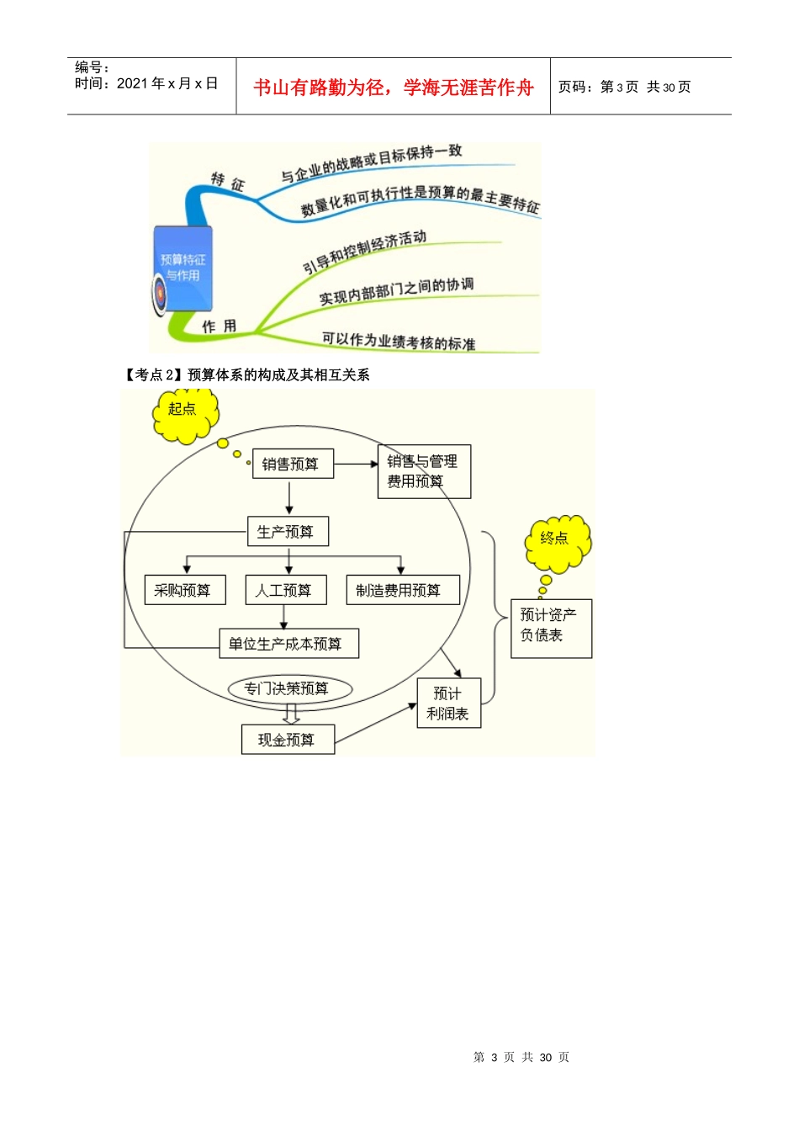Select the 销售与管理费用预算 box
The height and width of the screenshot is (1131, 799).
(424, 471)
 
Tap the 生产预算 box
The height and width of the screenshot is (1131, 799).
(288, 532)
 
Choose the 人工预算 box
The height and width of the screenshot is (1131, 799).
(285, 590)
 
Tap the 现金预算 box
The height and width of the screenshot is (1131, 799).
(288, 740)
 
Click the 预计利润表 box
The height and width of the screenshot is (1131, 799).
(448, 704)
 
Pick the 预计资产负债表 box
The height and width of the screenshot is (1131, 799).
(551, 628)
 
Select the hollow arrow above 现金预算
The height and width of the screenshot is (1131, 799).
(291, 714)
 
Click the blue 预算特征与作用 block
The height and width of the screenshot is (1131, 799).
(183, 268)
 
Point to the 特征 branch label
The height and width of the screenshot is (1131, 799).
(227, 182)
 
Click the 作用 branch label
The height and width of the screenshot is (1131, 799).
(219, 327)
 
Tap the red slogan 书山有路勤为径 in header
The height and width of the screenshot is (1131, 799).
(393, 88)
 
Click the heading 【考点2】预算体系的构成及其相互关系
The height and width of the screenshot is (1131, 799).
(247, 374)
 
